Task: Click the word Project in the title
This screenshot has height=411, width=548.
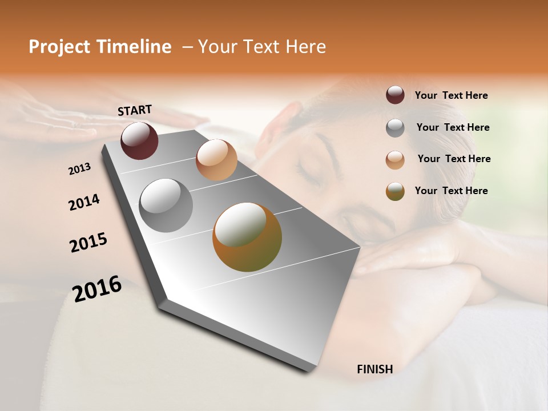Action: tap(59, 47)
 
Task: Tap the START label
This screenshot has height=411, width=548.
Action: tap(135, 110)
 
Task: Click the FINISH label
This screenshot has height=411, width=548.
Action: tap(374, 369)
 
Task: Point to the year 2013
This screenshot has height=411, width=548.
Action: tap(80, 169)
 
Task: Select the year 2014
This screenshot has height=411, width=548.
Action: tap(84, 203)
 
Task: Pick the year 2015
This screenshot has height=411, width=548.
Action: tap(88, 243)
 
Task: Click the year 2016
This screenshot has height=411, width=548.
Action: tap(97, 288)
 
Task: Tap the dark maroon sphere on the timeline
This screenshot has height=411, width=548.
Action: tap(139, 140)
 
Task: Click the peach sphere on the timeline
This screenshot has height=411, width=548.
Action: tap(216, 160)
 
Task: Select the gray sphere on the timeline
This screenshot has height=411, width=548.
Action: tap(166, 205)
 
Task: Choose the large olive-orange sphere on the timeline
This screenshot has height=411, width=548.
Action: tap(247, 237)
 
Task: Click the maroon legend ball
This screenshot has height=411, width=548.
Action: tap(395, 95)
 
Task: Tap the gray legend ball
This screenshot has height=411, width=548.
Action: tap(395, 128)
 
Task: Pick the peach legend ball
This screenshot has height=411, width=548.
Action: tap(395, 160)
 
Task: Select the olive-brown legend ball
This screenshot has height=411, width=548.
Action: tap(395, 191)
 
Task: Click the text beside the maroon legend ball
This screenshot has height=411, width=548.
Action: tap(451, 96)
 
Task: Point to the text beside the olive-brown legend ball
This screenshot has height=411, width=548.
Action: tap(451, 191)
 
